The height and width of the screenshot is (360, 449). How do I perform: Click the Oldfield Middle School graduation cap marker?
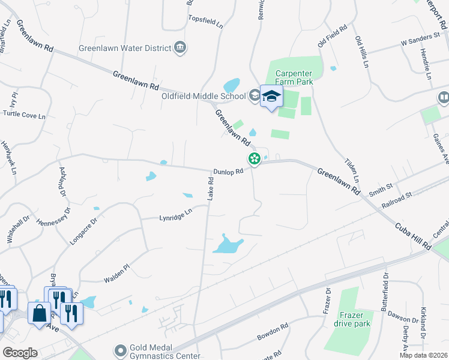(271, 97)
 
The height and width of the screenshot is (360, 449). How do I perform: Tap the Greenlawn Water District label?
(125, 47)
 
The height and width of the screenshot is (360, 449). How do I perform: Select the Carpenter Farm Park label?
(295, 77)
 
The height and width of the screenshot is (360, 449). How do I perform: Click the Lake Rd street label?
(211, 188)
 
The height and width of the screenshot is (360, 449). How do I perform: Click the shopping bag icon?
(40, 313)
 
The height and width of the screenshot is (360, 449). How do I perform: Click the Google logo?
(20, 352)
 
